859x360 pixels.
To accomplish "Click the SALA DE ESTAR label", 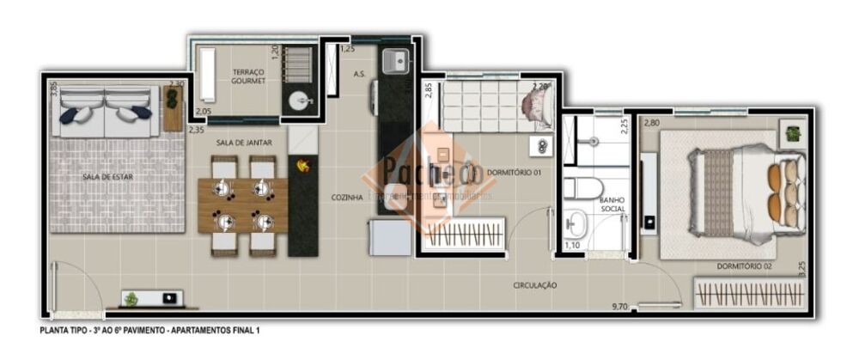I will point(101,176).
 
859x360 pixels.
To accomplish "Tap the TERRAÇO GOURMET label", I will point(248,76).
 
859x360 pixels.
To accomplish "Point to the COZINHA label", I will point(347,197).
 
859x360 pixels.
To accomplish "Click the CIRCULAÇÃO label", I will point(535,284).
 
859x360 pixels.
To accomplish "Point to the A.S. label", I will point(360,75).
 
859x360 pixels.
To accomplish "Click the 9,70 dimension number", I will point(618,306).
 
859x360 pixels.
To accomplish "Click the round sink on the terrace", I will point(300,101).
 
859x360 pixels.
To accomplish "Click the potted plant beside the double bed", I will point(792,133).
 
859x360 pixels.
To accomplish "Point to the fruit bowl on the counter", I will point(302,165).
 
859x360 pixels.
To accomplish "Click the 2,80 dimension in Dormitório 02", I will point(653,123).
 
